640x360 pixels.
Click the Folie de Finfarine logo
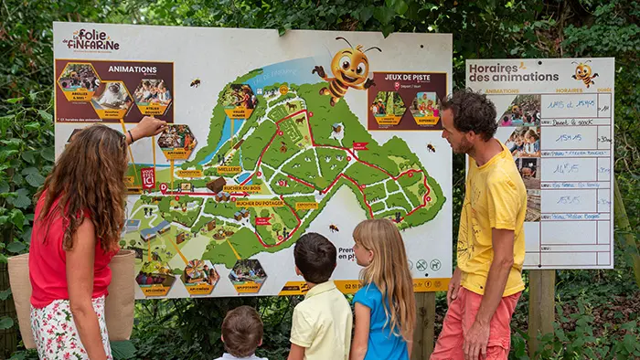(91, 39)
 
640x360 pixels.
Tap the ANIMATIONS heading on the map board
(132, 69)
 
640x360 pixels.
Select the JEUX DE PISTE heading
(406, 79)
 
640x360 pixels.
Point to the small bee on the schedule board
(584, 72)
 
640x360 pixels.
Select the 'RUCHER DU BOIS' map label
(242, 189)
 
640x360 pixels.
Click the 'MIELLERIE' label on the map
(229, 170)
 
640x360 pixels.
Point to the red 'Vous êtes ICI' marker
(148, 177)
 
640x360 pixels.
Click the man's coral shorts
(471, 324)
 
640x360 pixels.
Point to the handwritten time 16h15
(566, 168)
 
